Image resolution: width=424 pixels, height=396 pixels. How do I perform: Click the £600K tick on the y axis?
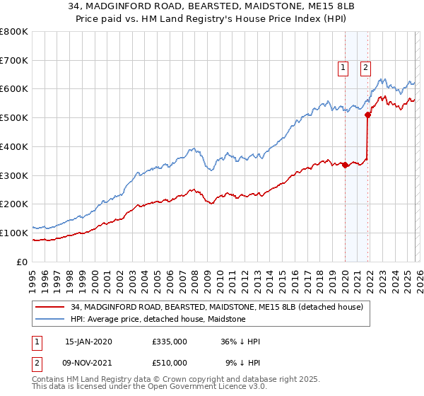point(14,89)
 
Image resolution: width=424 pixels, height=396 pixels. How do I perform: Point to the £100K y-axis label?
point(14,233)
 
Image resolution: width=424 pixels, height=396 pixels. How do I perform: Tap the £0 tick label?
point(21,262)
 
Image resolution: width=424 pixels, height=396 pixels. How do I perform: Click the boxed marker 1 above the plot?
point(343,68)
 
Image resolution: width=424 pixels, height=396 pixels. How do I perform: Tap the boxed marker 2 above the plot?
point(366,68)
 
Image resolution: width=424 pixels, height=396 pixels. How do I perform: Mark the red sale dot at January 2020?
point(345,165)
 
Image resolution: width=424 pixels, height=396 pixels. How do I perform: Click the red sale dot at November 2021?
point(367,115)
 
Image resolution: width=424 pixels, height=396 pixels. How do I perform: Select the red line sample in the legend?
point(50,307)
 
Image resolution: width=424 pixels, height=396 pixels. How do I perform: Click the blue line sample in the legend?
point(50,319)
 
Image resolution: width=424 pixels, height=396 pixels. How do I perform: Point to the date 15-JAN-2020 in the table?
point(88,342)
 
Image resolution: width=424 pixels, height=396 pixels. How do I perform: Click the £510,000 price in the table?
point(170,363)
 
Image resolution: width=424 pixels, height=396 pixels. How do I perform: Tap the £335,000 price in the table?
point(170,342)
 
